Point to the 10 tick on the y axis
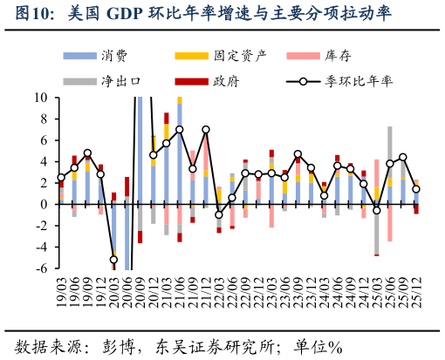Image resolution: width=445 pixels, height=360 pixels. tap(41, 98)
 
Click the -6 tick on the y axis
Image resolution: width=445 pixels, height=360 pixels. tap(41, 268)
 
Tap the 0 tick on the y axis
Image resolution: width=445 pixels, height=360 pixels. tap(44, 204)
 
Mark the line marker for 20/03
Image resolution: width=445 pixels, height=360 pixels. tap(113, 260)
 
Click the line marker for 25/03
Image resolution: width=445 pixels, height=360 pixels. tap(377, 210)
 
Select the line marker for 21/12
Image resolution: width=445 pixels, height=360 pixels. tap(206, 130)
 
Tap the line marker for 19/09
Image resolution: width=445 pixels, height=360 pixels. tap(87, 153)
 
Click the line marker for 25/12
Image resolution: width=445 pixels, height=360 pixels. tap(416, 189)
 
